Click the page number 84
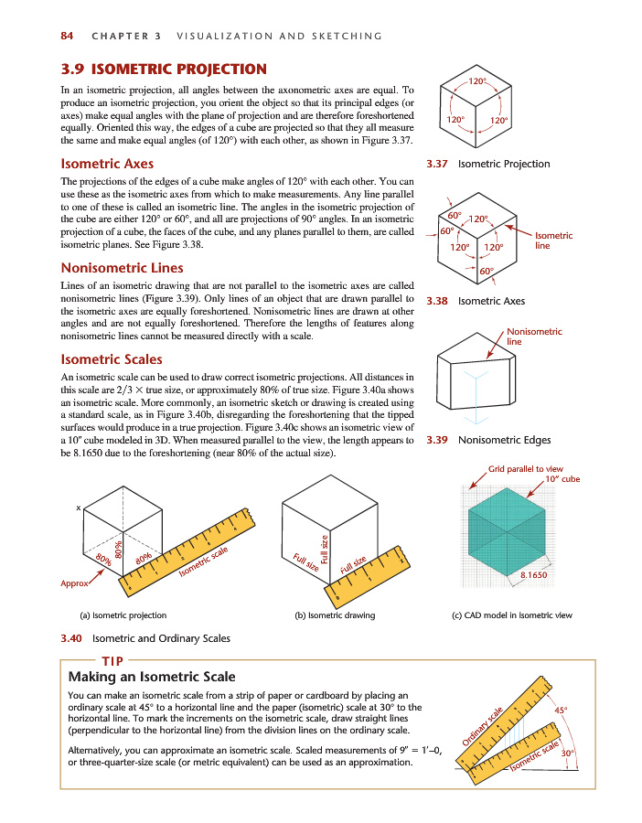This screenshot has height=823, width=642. pos(66,36)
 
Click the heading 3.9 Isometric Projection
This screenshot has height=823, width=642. pos(164,69)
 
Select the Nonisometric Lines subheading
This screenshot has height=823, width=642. pos(122,268)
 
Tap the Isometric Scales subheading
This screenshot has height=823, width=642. pos(112,359)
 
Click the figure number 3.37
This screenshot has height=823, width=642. pos(435,165)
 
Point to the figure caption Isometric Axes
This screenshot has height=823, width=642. pos(491,300)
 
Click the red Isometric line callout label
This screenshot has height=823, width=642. pos(553,240)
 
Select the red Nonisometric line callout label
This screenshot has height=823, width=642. pos(534,336)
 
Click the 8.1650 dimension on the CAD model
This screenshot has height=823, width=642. pos(533,574)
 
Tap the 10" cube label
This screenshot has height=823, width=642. pos(562,479)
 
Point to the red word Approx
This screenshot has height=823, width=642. pos(74,583)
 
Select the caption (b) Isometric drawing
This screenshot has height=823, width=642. pos(335,615)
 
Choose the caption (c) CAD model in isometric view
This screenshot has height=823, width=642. pos(512,615)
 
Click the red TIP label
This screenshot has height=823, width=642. pos(112,660)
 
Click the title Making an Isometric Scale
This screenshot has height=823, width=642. pos(152,678)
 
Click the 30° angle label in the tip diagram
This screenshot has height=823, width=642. pos(568,754)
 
